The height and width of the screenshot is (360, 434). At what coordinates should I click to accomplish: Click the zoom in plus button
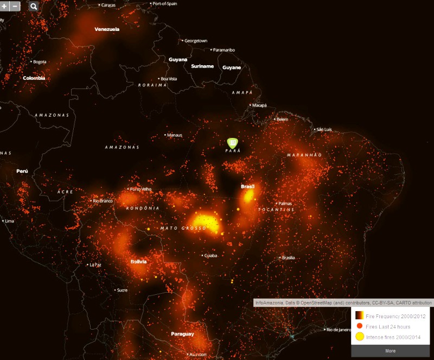pos(5,6)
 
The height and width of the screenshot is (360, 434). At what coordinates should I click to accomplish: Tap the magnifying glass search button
pos(34,6)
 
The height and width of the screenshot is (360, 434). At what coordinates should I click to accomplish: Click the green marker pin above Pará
pos(233,143)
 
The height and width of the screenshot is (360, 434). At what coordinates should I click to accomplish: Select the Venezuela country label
pos(107,29)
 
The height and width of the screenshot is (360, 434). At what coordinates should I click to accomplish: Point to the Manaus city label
pos(175,135)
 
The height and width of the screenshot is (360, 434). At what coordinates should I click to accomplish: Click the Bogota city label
pos(40,61)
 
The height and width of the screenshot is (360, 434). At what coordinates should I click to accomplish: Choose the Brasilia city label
pos(288,257)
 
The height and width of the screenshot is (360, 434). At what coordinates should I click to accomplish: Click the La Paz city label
pos(95,264)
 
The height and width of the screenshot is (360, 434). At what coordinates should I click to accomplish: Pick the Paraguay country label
pos(182,334)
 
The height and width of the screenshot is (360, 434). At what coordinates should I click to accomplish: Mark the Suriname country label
pos(202,66)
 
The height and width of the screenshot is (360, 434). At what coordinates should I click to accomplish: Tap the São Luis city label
pos(324,129)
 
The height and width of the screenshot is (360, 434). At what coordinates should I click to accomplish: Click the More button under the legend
pos(390,351)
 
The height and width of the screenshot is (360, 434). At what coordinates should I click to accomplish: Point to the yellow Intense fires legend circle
pos(359,337)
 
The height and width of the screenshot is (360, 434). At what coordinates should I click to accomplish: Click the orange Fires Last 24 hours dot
pos(359,326)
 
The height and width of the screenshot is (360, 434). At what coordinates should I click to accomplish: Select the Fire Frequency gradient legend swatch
pos(359,315)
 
